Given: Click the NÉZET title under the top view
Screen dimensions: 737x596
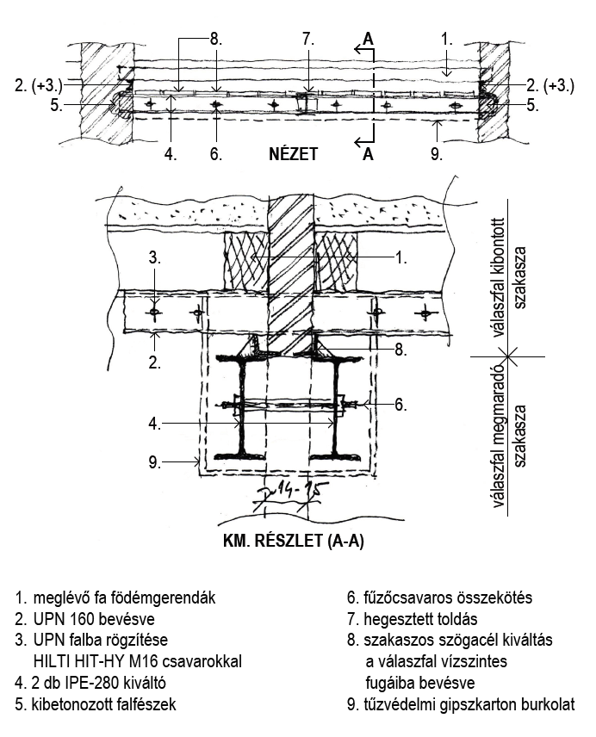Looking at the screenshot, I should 294,155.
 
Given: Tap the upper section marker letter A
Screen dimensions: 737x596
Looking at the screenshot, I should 368,39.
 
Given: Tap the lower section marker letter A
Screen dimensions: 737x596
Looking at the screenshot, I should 368,155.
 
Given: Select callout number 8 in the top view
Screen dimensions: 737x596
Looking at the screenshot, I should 215,39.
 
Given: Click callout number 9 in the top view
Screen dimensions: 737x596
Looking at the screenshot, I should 437,155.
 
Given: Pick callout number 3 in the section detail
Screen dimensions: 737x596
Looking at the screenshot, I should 154,256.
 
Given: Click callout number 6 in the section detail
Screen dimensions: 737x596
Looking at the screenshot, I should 400,403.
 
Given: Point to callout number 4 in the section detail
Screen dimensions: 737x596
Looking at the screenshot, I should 153,423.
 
